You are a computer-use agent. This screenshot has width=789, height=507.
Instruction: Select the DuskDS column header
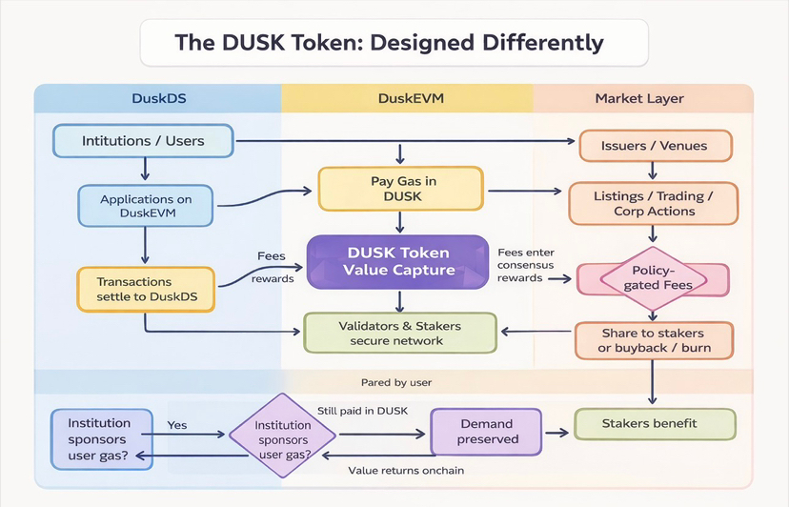pyautogui.click(x=158, y=98)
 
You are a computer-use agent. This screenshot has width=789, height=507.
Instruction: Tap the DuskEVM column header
pyautogui.click(x=407, y=98)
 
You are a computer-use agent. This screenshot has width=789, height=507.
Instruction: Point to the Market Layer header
pyautogui.click(x=638, y=98)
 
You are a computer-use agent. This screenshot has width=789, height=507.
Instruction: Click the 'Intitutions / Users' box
pyautogui.click(x=143, y=142)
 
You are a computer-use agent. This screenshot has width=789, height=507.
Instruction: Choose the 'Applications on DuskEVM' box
pyautogui.click(x=145, y=207)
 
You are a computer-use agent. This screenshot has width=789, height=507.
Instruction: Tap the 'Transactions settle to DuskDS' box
pyautogui.click(x=146, y=289)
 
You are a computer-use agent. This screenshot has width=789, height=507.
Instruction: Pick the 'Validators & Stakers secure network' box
pyautogui.click(x=399, y=333)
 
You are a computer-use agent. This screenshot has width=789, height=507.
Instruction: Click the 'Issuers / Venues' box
pyautogui.click(x=655, y=146)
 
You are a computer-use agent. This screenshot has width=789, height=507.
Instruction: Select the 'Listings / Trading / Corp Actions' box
pyautogui.click(x=653, y=203)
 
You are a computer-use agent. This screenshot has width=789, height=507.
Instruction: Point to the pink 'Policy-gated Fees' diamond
pyautogui.click(x=653, y=278)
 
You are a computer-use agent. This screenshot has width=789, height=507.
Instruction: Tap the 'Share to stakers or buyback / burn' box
pyautogui.click(x=654, y=340)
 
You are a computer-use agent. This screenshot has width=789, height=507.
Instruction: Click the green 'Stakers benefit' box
pyautogui.click(x=655, y=423)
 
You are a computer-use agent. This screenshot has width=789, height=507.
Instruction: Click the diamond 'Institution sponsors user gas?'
pyautogui.click(x=284, y=434)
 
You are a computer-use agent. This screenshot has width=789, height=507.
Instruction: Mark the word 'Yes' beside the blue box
pyautogui.click(x=177, y=425)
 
